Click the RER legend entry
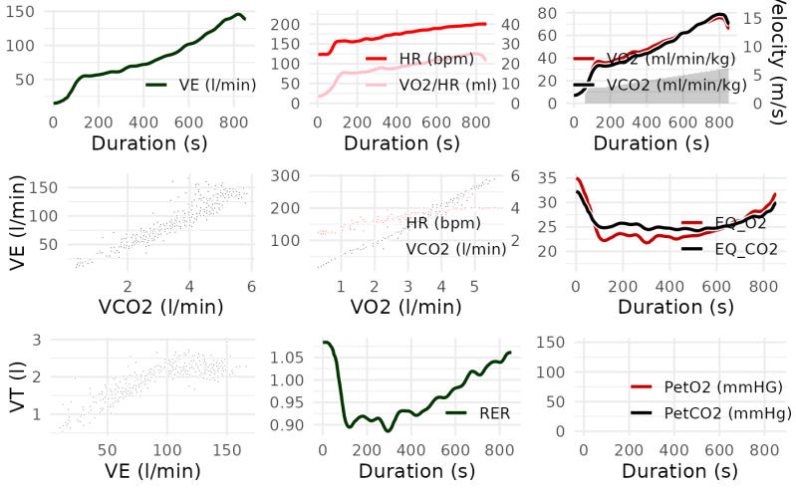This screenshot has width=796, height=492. pyautogui.click(x=477, y=411)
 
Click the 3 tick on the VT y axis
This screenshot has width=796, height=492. pyautogui.click(x=36, y=341)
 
